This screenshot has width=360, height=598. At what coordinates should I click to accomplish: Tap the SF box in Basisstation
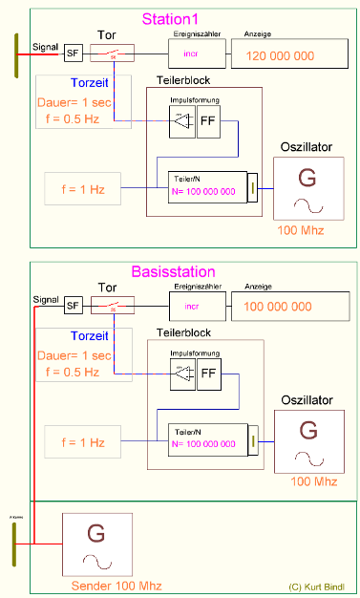[73, 306]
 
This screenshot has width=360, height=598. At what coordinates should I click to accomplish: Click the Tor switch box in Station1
[112, 55]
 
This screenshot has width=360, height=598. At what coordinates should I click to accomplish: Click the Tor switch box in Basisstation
[112, 307]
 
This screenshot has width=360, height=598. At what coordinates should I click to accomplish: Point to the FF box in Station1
[207, 121]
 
